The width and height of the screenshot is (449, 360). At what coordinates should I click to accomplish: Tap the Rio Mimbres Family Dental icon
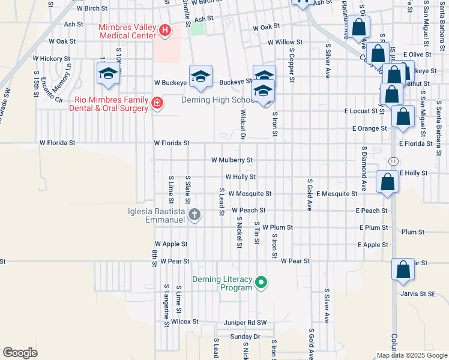click(157, 104)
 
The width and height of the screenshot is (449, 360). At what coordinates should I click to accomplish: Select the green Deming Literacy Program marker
click(261, 281)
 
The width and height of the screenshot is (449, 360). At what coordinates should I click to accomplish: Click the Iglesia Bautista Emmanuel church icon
click(194, 214)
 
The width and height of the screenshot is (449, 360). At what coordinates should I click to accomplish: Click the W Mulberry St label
click(232, 160)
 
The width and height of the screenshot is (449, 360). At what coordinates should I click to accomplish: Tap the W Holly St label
click(240, 177)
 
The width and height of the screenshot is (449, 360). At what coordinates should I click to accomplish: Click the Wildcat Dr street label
click(244, 124)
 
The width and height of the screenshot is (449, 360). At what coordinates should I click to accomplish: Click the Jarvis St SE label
click(418, 293)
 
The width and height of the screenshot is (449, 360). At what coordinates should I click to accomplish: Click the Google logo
click(20, 353)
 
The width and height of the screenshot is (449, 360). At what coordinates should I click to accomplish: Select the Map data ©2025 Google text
click(411, 355)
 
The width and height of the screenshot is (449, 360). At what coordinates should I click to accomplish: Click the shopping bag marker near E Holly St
click(388, 182)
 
